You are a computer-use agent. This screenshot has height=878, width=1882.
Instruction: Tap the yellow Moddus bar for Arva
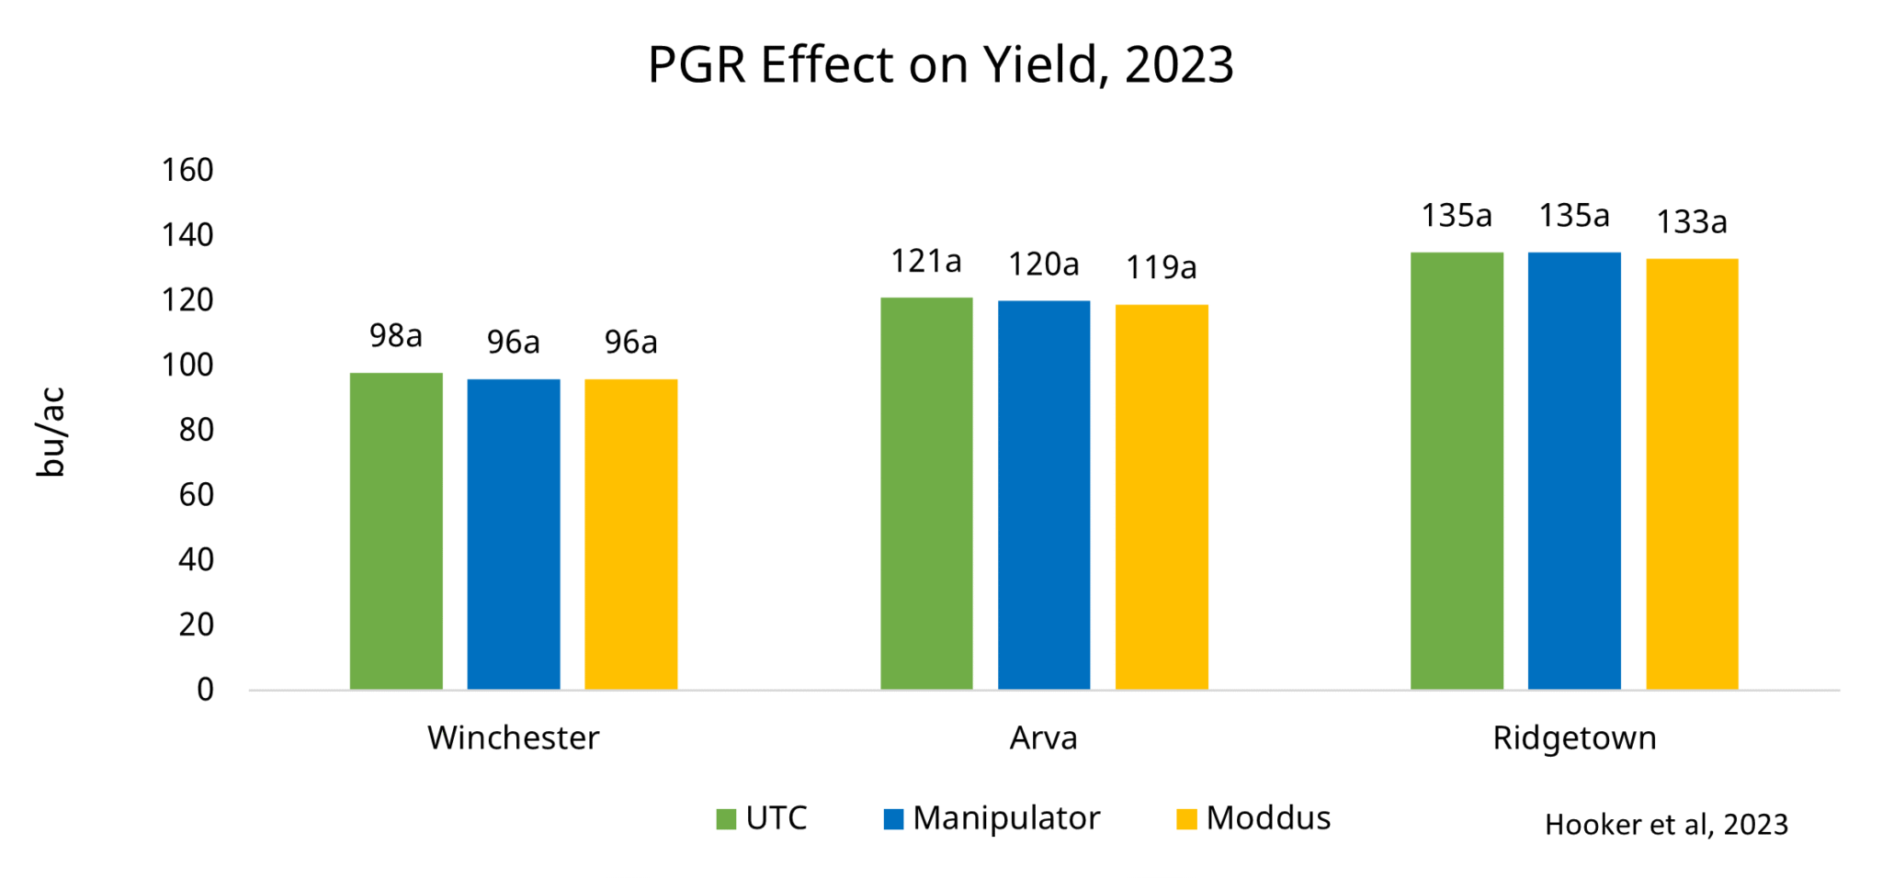tap(1162, 497)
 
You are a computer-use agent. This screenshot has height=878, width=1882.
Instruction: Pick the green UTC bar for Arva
tap(926, 493)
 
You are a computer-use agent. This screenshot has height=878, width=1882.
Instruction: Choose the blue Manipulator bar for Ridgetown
tap(1574, 470)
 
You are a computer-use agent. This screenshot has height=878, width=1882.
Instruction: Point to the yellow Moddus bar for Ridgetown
tap(1692, 474)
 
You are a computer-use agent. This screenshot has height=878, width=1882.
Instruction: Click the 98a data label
tap(396, 336)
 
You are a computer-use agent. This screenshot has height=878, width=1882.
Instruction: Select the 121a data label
tap(926, 262)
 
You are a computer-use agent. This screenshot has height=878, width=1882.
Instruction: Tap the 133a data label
tap(1692, 222)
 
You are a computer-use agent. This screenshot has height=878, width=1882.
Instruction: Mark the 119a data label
tap(1162, 268)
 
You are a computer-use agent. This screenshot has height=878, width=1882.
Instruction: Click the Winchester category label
tap(513, 738)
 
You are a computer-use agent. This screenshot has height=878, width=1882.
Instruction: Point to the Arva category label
tap(1043, 738)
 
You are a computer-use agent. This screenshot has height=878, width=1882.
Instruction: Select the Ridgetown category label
tap(1574, 738)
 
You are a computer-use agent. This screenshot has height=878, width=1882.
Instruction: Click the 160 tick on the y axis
tap(187, 170)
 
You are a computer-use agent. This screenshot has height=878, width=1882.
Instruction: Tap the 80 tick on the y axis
tap(196, 430)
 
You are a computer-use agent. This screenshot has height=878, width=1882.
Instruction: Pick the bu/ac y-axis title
tap(51, 432)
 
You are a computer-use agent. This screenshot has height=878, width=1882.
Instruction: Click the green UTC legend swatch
tap(726, 818)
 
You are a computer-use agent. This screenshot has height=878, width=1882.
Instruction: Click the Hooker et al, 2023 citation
tap(1666, 825)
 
